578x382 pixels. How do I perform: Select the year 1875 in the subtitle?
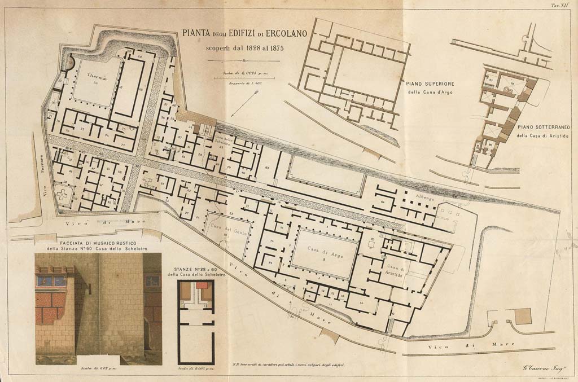(272, 47)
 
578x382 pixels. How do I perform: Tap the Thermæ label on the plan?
(97, 74)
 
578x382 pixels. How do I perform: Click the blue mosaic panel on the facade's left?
(51, 280)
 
